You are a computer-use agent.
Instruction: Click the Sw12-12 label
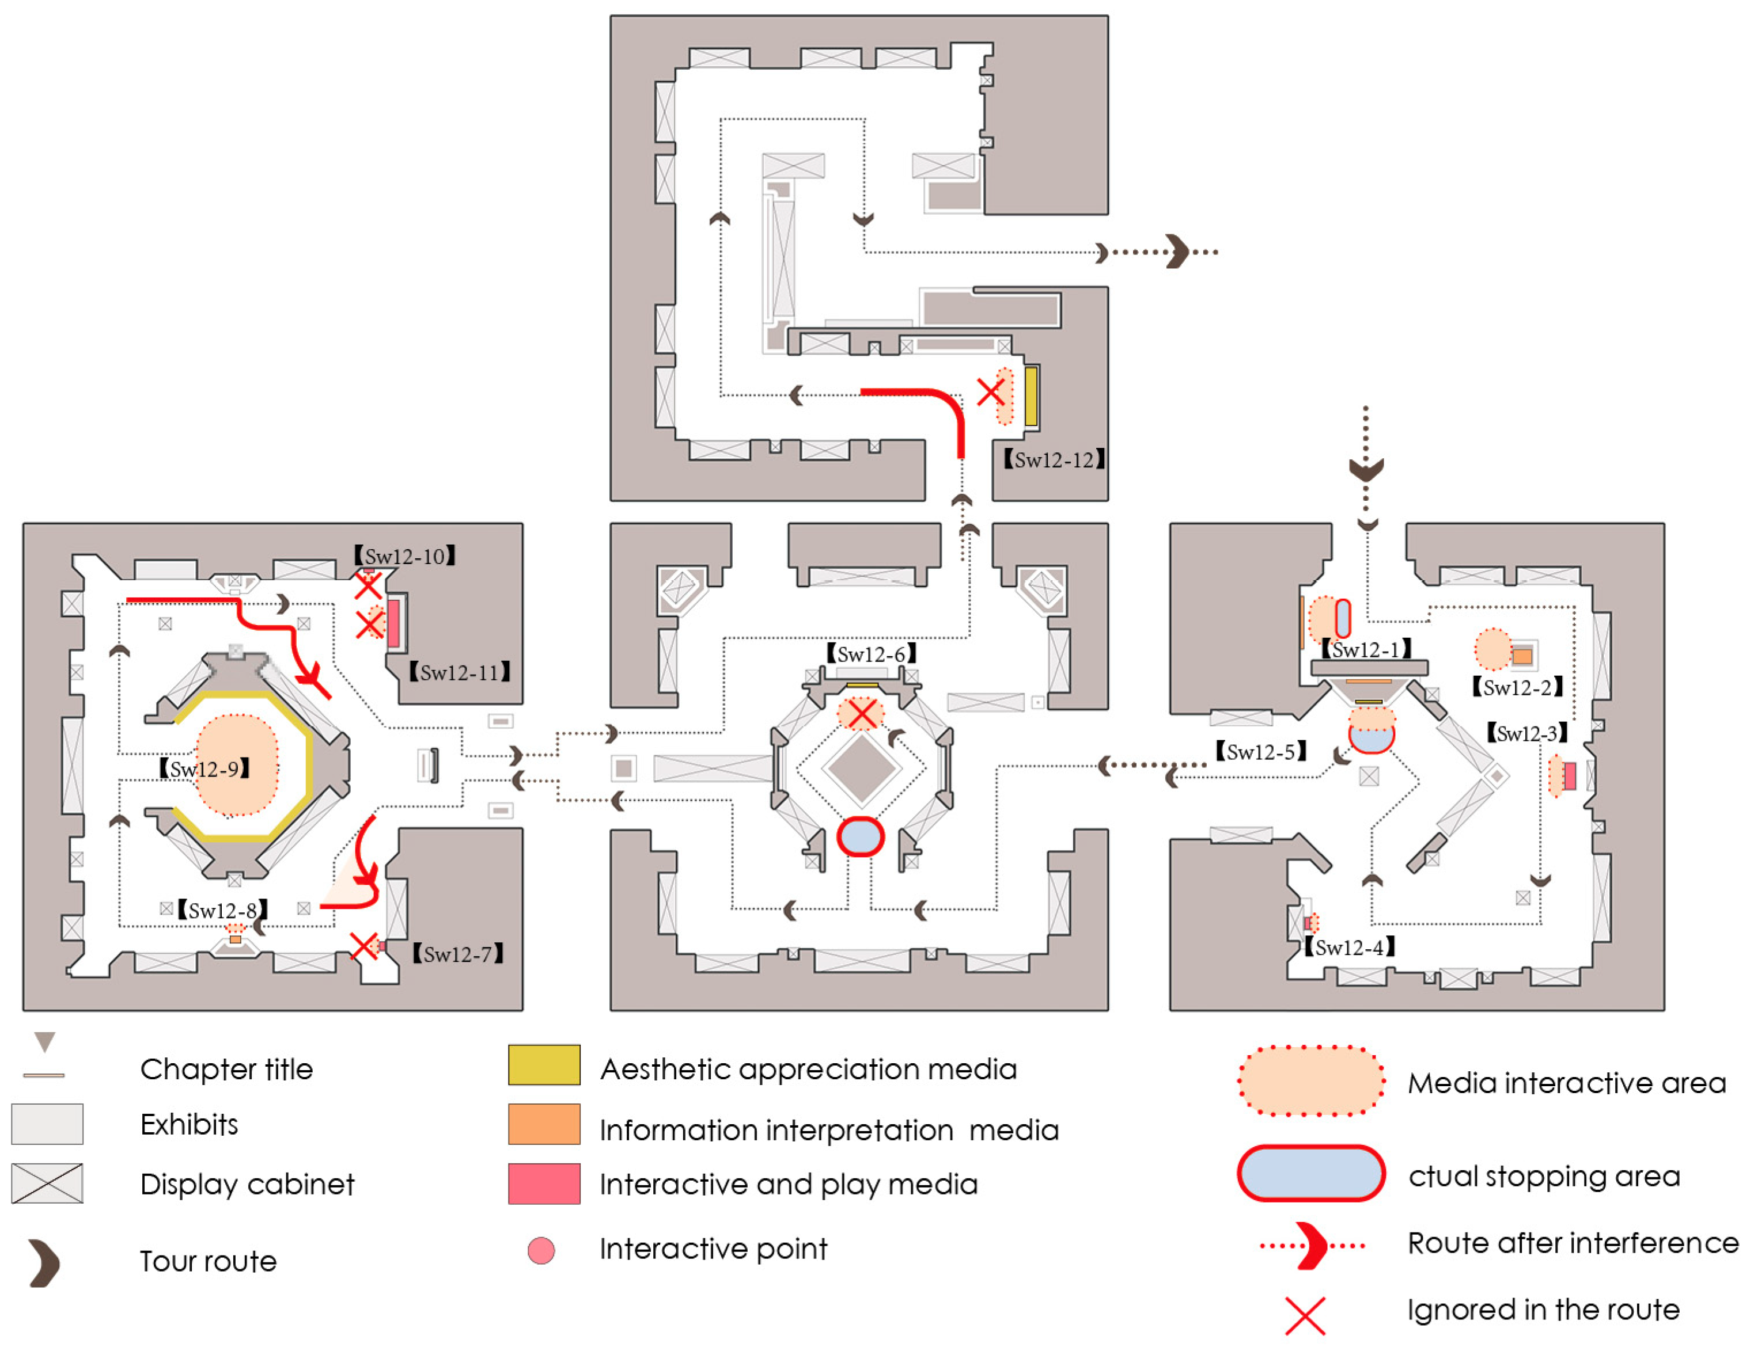[1054, 460]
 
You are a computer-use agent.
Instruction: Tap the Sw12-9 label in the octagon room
[205, 769]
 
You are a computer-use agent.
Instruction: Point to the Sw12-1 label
[1366, 649]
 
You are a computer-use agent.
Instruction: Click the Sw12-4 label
[1349, 948]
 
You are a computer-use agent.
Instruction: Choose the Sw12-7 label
[458, 954]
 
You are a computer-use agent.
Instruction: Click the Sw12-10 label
[405, 556]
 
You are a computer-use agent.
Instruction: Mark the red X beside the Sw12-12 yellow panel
[990, 393]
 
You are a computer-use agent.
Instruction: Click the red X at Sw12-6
[862, 713]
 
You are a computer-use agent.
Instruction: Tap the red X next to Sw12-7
[365, 946]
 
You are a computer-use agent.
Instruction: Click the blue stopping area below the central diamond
[861, 836]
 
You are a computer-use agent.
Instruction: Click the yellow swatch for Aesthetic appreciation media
[544, 1065]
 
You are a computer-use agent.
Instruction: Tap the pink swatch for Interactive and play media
[544, 1184]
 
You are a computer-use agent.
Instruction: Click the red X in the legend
[1305, 1316]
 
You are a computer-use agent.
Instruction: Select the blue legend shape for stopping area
[1310, 1174]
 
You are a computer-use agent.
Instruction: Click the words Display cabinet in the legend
[247, 1185]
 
